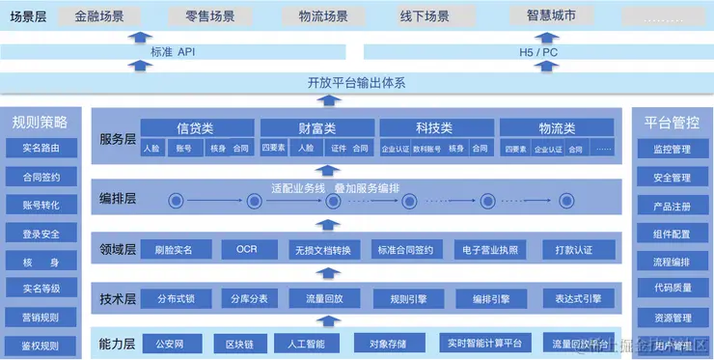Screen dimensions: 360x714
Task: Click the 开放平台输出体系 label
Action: [x=356, y=83]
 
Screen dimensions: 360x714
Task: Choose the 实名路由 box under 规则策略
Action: [x=41, y=149]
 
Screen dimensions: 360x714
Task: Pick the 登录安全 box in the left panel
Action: [x=41, y=234]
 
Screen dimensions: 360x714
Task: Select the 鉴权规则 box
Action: [x=41, y=346]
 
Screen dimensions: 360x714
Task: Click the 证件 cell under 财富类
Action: [x=338, y=149]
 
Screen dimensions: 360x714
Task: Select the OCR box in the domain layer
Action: [x=246, y=249]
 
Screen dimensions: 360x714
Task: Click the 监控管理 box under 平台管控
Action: [x=672, y=150]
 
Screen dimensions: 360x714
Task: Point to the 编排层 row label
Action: [x=118, y=199]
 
